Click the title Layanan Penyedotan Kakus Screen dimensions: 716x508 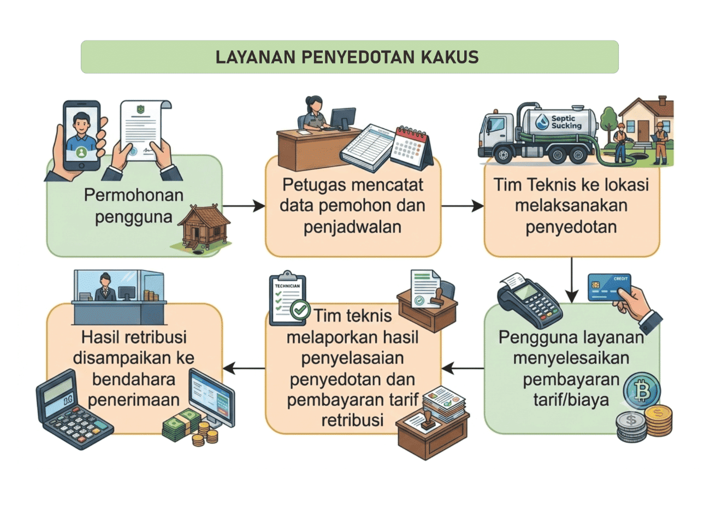(347, 57)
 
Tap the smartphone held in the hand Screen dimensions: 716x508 (81, 135)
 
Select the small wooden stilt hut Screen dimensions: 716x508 (204, 228)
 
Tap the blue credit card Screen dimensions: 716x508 (610, 288)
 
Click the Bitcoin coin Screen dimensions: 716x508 (642, 391)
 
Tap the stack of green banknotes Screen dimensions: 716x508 (181, 425)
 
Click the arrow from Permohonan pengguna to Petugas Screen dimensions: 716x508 (244, 206)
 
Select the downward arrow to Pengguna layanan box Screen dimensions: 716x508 (571, 280)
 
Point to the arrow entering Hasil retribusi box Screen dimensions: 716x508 (244, 368)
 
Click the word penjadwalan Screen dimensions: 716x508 (352, 228)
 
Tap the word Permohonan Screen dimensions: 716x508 (134, 195)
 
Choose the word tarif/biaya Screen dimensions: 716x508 (571, 400)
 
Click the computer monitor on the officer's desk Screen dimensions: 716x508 (342, 119)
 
